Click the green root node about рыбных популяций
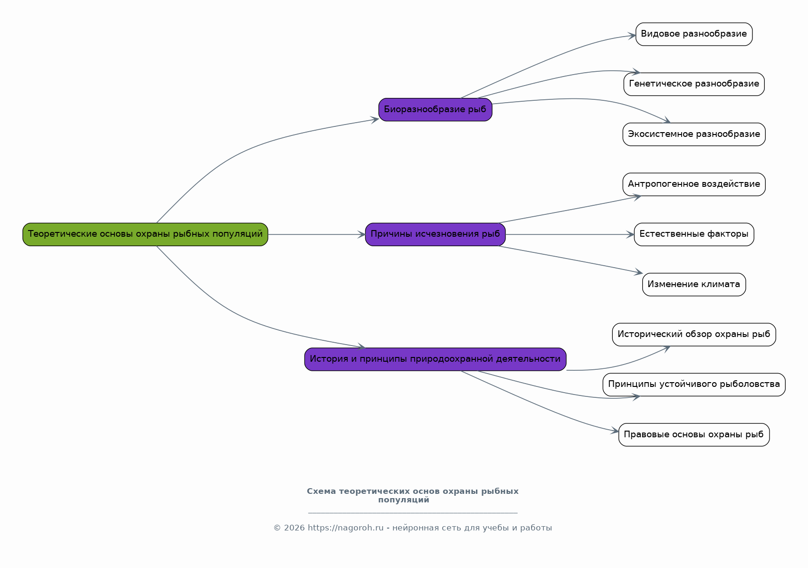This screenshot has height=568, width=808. pyautogui.click(x=145, y=234)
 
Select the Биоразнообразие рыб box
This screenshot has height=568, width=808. pyautogui.click(x=435, y=110)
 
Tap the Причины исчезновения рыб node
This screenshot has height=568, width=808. pyautogui.click(x=435, y=234)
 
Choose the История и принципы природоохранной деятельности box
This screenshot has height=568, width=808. pyautogui.click(x=435, y=359)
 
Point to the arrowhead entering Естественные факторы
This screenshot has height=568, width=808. pyautogui.click(x=630, y=234)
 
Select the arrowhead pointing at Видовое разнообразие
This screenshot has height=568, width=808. pyautogui.click(x=632, y=36)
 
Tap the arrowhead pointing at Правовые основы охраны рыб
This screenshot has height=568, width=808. pyautogui.click(x=615, y=431)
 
